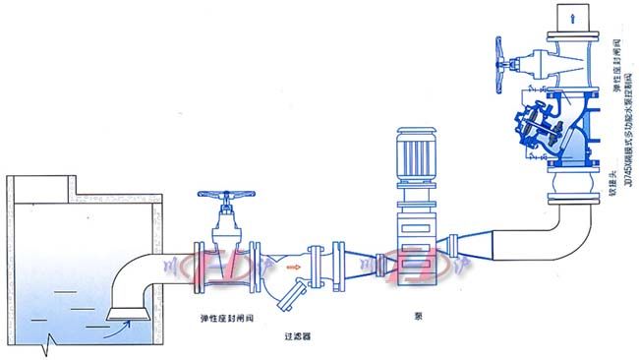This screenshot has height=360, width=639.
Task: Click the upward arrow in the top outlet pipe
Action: tap(571, 17)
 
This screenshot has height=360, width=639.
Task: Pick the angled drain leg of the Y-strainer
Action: tap(296, 288)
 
